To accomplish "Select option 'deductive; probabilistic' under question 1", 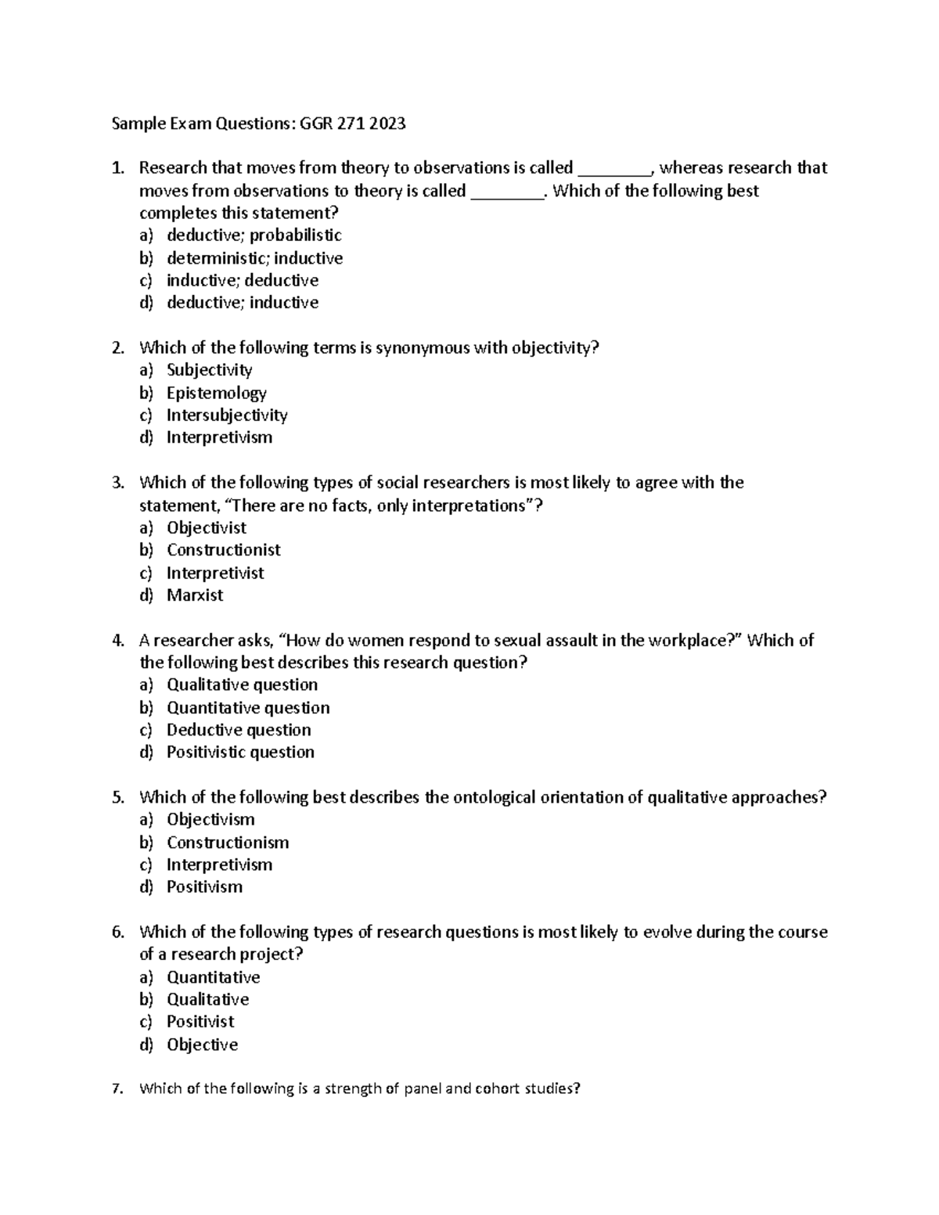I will [x=254, y=235].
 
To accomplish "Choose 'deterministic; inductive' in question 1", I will [x=254, y=258].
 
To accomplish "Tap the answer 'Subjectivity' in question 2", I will [x=209, y=370].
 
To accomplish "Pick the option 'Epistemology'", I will [x=216, y=393].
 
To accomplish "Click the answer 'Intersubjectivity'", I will [x=227, y=415].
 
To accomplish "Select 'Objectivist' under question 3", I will [x=207, y=528].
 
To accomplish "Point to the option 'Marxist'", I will [x=195, y=595].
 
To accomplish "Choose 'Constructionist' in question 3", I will [x=223, y=550].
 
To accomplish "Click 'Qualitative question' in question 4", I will [x=242, y=685].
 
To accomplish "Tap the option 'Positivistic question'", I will [x=240, y=753].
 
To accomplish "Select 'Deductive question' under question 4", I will [x=239, y=730].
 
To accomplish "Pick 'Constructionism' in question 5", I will [x=228, y=843].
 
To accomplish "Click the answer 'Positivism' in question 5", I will [x=204, y=887].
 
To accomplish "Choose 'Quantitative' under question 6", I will [x=213, y=977].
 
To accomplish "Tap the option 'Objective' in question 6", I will [x=202, y=1045].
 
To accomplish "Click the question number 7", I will [x=117, y=1089].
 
